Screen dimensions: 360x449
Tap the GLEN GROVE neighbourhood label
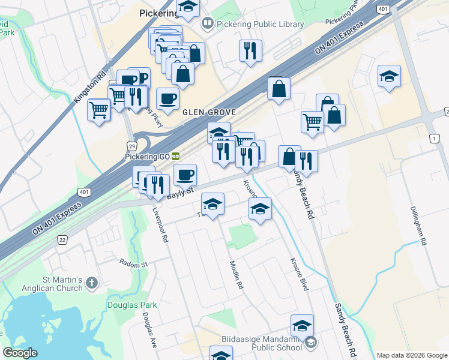tap(200, 112)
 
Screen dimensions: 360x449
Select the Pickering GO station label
tap(148, 157)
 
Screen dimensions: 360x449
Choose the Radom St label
tap(133, 263)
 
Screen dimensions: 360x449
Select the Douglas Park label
tap(132, 305)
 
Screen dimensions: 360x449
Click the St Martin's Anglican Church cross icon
tap(91, 283)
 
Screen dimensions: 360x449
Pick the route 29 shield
tap(131, 146)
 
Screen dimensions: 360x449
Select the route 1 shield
tap(434, 139)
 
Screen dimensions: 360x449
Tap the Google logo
tap(20, 353)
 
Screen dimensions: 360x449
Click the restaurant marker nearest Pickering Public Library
tap(250, 50)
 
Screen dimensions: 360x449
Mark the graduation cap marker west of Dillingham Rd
tap(389, 77)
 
